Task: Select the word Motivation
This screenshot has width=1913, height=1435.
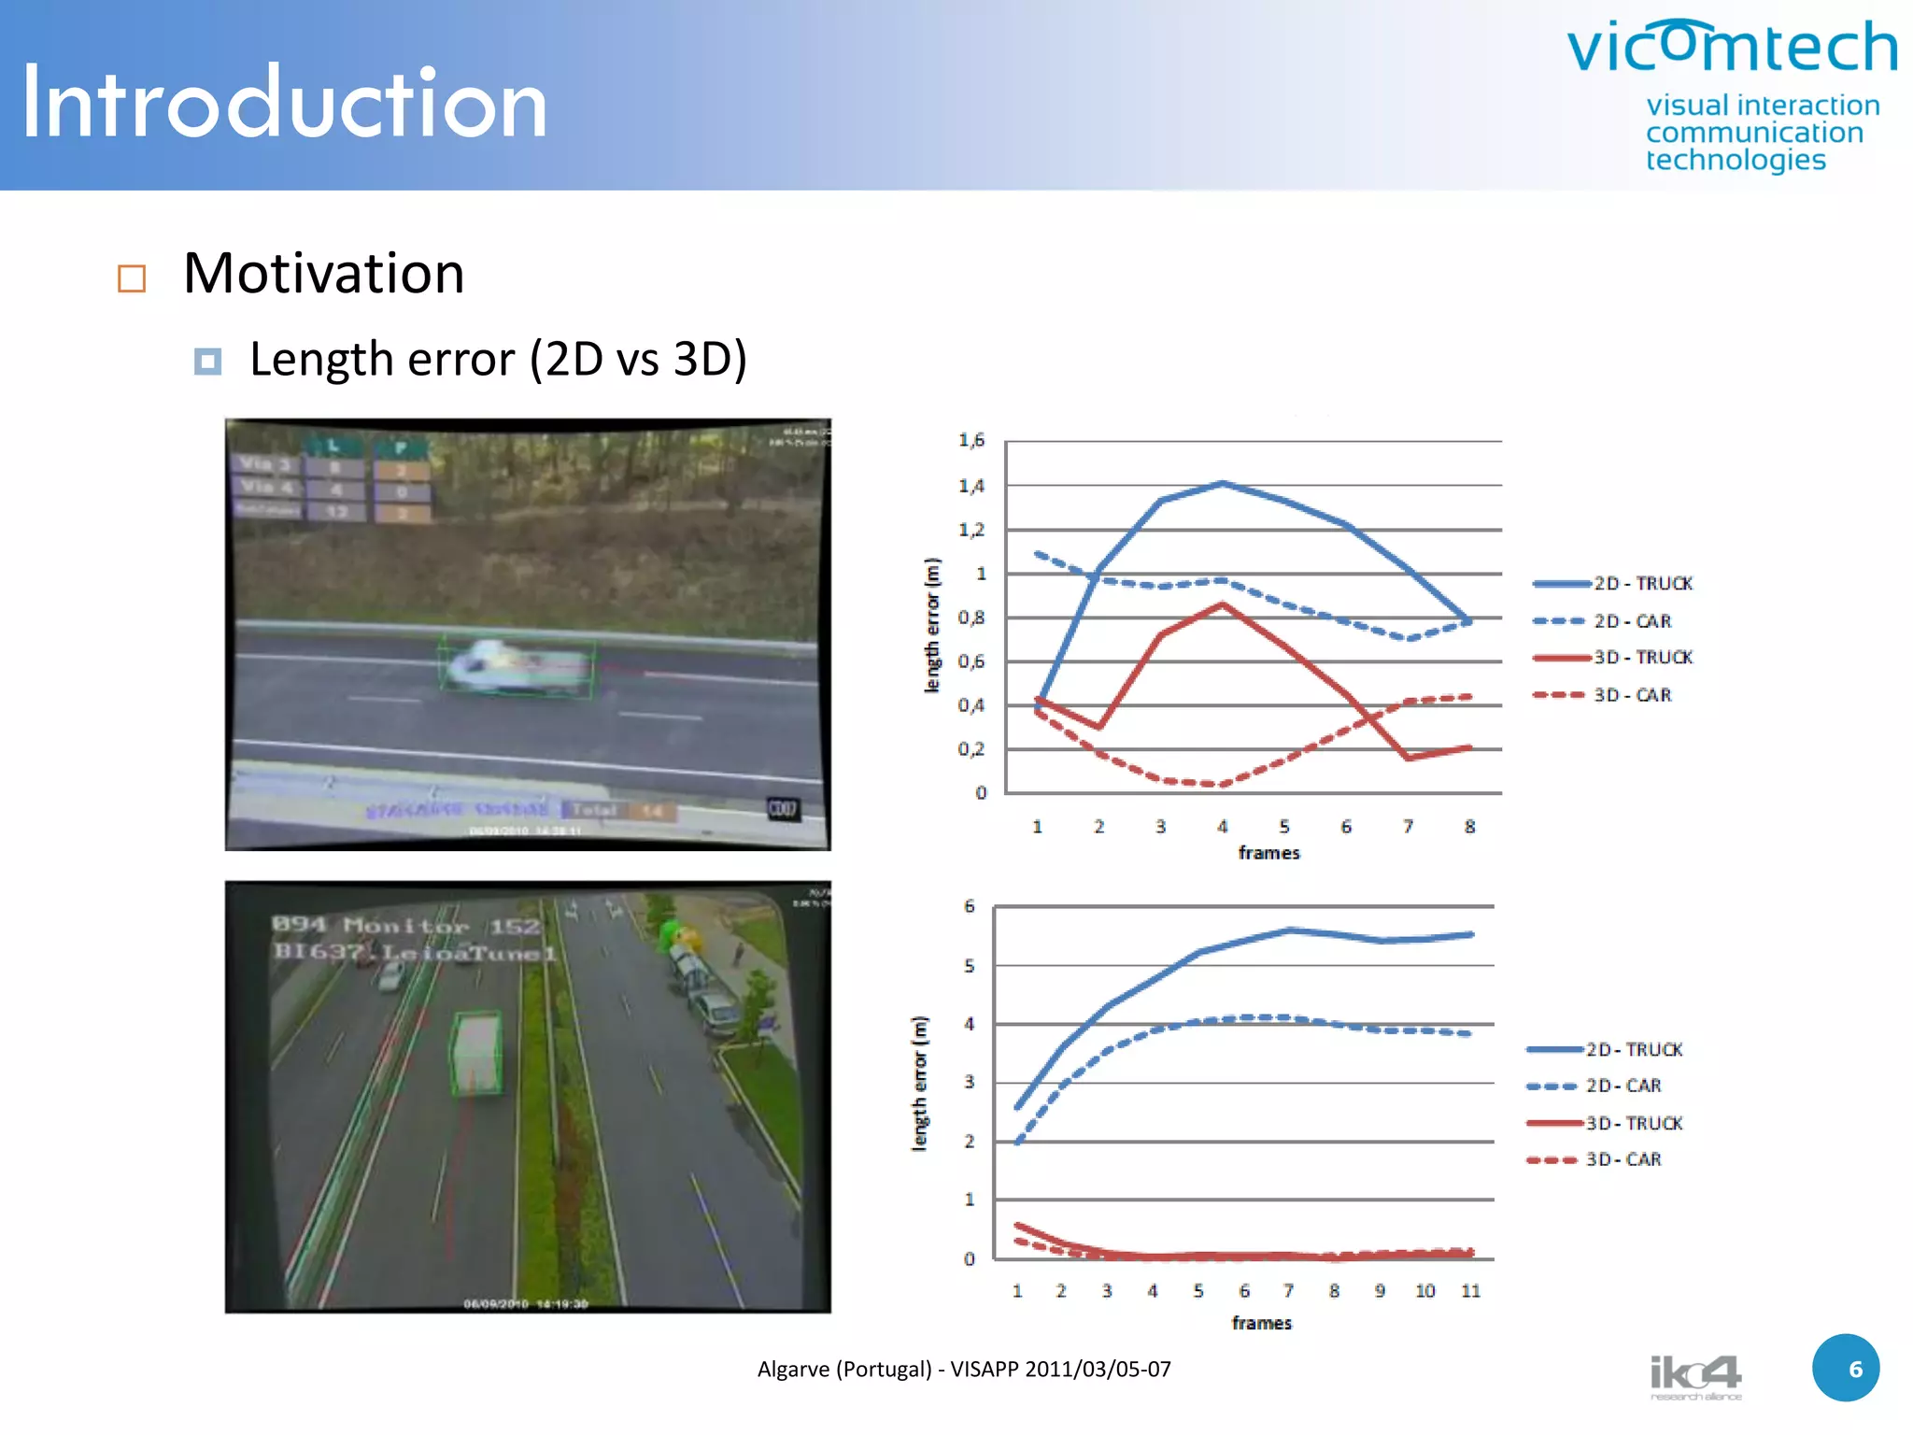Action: click(323, 274)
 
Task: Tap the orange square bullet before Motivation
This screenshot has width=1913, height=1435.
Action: click(132, 278)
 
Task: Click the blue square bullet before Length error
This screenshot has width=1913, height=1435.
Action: click(207, 361)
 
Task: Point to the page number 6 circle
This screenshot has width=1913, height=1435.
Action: click(1845, 1368)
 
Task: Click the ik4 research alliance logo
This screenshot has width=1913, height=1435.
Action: click(1694, 1377)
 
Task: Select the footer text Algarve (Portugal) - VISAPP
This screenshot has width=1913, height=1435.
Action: click(963, 1369)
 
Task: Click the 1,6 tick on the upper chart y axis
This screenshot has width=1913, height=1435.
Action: click(971, 440)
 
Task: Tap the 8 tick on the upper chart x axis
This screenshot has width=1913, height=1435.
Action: click(1469, 827)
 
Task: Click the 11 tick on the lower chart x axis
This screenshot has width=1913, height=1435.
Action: click(1470, 1291)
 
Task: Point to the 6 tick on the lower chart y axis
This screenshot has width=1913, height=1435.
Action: click(969, 906)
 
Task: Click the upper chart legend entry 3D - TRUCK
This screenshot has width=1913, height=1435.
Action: click(1642, 658)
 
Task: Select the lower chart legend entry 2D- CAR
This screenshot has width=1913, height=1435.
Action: click(1623, 1086)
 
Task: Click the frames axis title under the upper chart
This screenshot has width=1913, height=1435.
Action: click(1268, 853)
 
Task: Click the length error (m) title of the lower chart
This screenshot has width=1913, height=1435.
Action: click(920, 1084)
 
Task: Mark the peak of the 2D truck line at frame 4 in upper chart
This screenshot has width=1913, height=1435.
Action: click(1223, 483)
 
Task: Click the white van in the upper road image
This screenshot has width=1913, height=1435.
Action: click(516, 665)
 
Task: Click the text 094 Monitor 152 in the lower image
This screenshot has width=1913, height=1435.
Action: click(405, 926)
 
